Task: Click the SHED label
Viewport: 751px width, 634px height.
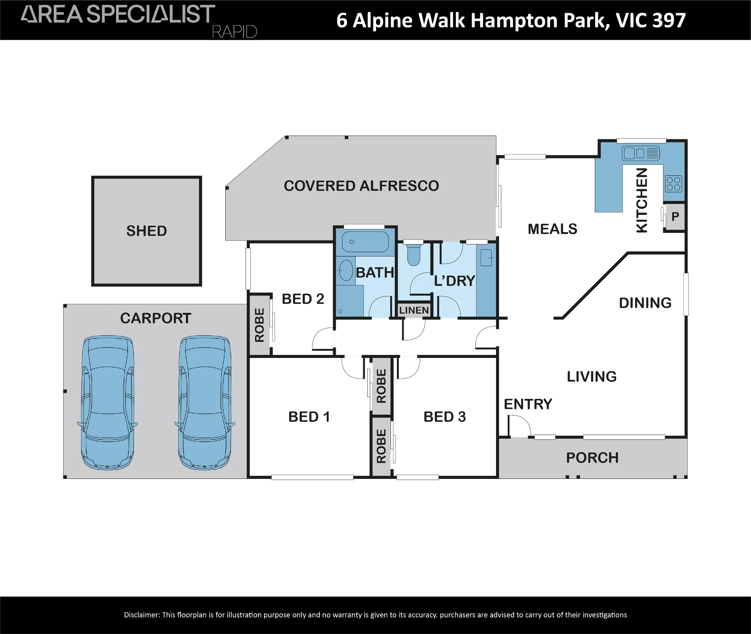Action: point(146,231)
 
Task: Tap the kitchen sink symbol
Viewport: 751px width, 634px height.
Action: point(641,153)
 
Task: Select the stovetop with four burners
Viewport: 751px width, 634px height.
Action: point(673,184)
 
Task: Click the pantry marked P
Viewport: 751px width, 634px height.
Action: point(675,216)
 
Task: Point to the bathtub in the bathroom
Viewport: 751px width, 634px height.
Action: point(365,242)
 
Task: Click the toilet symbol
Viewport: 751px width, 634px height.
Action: point(413,254)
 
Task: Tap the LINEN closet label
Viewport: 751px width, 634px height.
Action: point(414,310)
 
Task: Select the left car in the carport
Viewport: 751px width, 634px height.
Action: point(108,403)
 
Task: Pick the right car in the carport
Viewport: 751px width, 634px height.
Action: point(205,403)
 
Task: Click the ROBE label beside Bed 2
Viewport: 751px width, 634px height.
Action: point(259,325)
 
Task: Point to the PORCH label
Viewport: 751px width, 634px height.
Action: point(592,458)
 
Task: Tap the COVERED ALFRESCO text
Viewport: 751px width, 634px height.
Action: point(361,186)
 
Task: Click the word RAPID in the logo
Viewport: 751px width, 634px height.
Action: point(234,32)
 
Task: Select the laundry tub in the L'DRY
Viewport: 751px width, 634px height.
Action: point(486,258)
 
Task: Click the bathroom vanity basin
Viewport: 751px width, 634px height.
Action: point(346,270)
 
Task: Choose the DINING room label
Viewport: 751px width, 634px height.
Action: point(645,303)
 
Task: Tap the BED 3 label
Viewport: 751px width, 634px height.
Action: point(445,417)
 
